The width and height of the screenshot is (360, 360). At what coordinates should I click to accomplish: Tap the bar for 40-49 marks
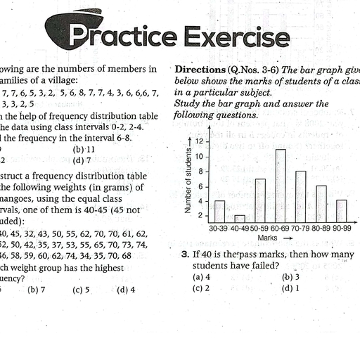[240, 218]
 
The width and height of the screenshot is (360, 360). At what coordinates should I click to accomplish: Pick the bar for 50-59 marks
[260, 200]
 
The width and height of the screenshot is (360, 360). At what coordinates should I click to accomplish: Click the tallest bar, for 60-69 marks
[281, 186]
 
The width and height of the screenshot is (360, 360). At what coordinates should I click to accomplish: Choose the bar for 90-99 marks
[342, 211]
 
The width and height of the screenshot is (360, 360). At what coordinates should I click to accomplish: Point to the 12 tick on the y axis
[198, 142]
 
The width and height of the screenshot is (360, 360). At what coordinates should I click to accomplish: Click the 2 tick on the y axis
[200, 215]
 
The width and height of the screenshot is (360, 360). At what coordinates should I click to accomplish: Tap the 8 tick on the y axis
[200, 171]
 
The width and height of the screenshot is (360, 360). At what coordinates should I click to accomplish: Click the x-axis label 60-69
[280, 229]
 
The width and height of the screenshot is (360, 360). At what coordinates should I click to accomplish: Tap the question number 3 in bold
[184, 253]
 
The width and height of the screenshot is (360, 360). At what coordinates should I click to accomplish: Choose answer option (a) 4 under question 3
[201, 276]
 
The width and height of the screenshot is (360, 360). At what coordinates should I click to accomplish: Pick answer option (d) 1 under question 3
[290, 288]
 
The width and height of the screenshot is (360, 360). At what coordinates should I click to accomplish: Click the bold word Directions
[199, 71]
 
